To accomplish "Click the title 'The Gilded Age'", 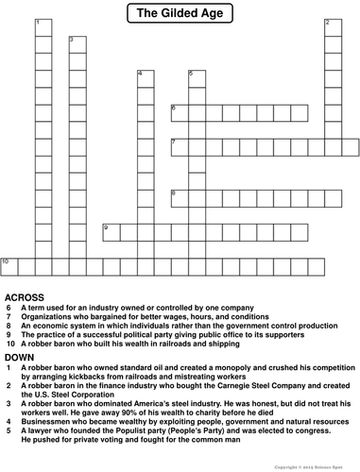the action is click(180, 12).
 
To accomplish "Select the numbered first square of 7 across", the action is click(179, 145).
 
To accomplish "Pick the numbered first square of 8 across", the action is click(179, 196).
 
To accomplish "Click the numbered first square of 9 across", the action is click(110, 230).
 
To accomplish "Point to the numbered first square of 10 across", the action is click(8, 264).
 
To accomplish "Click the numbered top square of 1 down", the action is click(42, 26).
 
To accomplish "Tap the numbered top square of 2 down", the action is click(332, 26).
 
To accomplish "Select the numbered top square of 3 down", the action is click(76, 43).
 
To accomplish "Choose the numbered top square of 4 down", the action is click(145, 77).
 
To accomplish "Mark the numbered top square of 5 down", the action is click(196, 77).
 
